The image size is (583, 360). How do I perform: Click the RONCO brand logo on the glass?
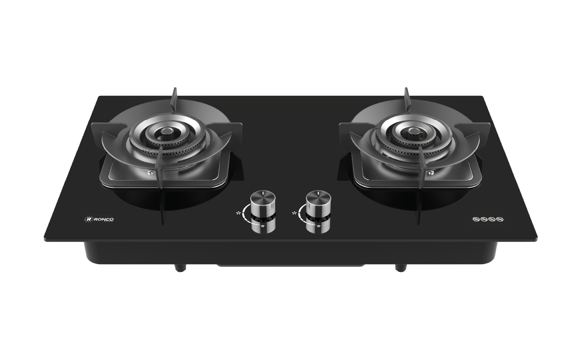(100, 219)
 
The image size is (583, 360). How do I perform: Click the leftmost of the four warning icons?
(476, 220)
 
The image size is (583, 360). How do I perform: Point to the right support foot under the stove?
(400, 267)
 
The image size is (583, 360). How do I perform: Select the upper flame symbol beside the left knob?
(238, 212)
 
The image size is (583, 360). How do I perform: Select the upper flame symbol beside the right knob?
(294, 212)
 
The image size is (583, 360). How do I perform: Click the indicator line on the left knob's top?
(262, 194)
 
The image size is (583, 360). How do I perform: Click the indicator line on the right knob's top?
(318, 194)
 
